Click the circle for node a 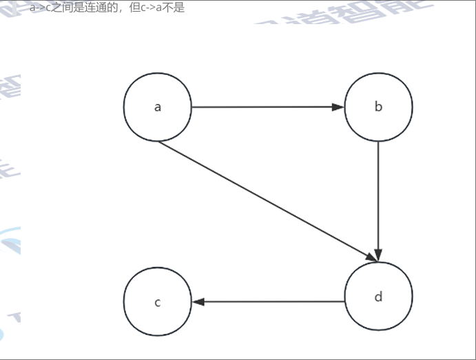click(158, 107)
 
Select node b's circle click(378, 107)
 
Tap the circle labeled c click(158, 301)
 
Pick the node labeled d click(378, 297)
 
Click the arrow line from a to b click(262, 107)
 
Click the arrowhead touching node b click(338, 107)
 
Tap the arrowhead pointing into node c click(198, 301)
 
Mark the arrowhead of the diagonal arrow click(371, 257)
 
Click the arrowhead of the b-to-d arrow click(378, 255)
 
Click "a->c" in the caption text click(41, 8)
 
